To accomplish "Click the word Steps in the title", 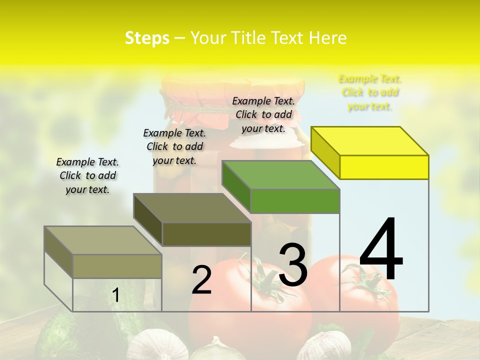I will click(x=147, y=38).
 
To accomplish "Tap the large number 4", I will click(x=381, y=249).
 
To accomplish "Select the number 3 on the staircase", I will click(x=293, y=264).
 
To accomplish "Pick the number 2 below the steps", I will click(x=202, y=280).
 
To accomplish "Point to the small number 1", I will click(x=115, y=295).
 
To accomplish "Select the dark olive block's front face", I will click(x=206, y=234).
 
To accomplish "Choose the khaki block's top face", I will click(x=103, y=240).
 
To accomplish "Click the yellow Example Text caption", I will click(x=370, y=92).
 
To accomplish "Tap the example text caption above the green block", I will click(x=263, y=114).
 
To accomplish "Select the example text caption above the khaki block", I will click(x=87, y=175).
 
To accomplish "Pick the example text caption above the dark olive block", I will click(x=174, y=146).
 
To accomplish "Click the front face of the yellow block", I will click(x=384, y=167).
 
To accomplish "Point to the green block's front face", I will click(x=295, y=201).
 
